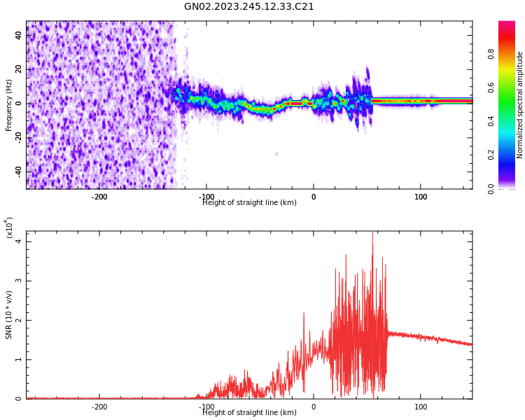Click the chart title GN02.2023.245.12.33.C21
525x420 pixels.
pyautogui.click(x=249, y=7)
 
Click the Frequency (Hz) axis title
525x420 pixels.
pyautogui.click(x=9, y=105)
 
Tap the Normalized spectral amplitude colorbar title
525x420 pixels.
pyautogui.click(x=520, y=105)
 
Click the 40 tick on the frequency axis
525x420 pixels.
pyautogui.click(x=19, y=36)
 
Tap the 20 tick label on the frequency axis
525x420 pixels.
pyautogui.click(x=19, y=70)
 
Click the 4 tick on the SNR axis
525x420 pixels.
pyautogui.click(x=20, y=241)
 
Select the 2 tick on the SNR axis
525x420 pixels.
pyautogui.click(x=20, y=320)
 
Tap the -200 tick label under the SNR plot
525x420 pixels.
pyautogui.click(x=99, y=407)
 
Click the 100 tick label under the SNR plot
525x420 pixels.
pyautogui.click(x=421, y=407)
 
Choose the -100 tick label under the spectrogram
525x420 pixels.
pyautogui.click(x=206, y=197)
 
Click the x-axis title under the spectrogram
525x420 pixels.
pyautogui.click(x=249, y=203)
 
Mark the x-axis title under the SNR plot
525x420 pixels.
pyautogui.click(x=249, y=413)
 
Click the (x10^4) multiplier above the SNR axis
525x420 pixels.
pyautogui.click(x=9, y=227)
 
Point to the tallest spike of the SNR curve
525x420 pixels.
pyautogui.click(x=372, y=233)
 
